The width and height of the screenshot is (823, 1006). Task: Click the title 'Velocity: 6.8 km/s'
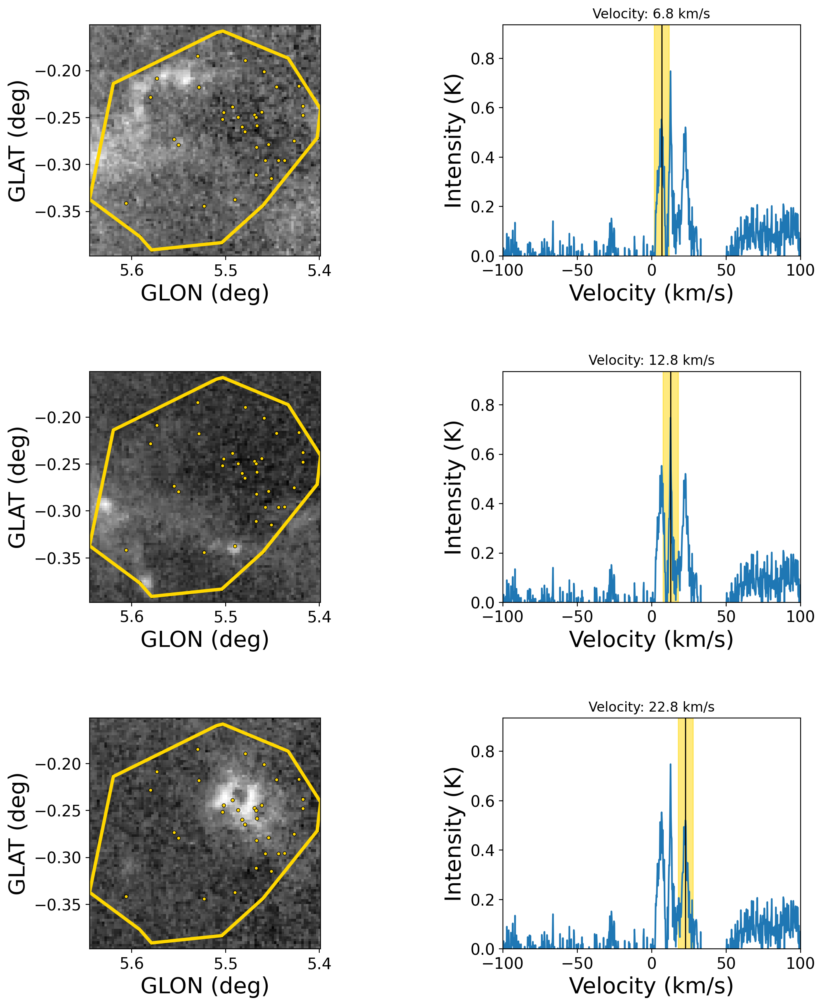[651, 14]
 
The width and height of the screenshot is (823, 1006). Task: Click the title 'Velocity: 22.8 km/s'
[651, 706]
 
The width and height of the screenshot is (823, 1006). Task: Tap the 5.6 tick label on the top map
[131, 270]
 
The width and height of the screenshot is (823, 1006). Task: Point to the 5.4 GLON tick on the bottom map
[319, 964]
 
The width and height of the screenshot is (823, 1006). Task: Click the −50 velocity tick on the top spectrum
[577, 270]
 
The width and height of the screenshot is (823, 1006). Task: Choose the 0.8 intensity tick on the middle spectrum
[482, 405]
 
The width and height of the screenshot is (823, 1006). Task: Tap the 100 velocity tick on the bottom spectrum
[800, 964]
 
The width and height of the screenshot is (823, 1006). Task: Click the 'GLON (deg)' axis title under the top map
[205, 293]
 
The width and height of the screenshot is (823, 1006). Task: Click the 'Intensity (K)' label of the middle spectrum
[453, 487]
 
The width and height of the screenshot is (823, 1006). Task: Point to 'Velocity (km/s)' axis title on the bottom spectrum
[651, 986]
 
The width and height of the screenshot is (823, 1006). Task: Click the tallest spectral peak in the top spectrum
[670, 72]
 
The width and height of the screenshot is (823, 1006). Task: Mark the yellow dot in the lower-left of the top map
[126, 203]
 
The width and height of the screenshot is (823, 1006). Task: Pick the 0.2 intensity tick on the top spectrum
[482, 207]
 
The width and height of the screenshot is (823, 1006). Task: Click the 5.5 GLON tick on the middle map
[225, 617]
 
